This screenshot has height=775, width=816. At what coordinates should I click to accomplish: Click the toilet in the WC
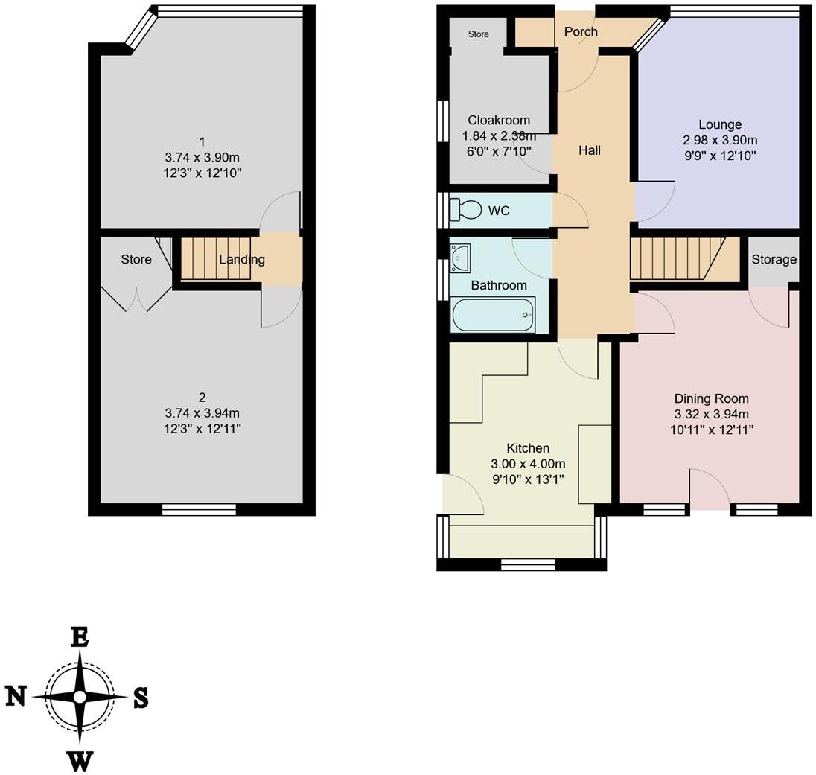coord(466,209)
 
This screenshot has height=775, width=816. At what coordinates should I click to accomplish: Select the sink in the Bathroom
coord(460,257)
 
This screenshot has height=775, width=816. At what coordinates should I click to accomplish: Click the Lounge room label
coord(719,124)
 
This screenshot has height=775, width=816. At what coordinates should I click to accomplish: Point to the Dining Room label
coord(711,398)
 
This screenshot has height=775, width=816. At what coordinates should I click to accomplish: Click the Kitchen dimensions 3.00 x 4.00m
coord(527,464)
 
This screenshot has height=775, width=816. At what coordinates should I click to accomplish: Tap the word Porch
coord(581,31)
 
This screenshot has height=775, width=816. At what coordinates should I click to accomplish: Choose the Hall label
coord(590,150)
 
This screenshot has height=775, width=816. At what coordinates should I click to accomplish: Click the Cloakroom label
coord(499,121)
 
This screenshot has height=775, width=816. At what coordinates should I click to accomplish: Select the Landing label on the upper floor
coord(242,260)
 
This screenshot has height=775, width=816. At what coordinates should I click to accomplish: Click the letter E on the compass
coord(79,637)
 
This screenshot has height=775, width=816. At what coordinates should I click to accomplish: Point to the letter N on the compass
coord(16,696)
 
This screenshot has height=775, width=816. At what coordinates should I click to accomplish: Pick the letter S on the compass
coord(140,698)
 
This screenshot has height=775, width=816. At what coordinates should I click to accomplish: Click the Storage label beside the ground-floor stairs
coord(774,260)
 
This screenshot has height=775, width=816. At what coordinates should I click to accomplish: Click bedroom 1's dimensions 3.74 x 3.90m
coord(202,157)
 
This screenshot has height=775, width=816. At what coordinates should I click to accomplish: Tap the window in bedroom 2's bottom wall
coord(199,509)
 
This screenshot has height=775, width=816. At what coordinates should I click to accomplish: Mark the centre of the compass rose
coord(80,697)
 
